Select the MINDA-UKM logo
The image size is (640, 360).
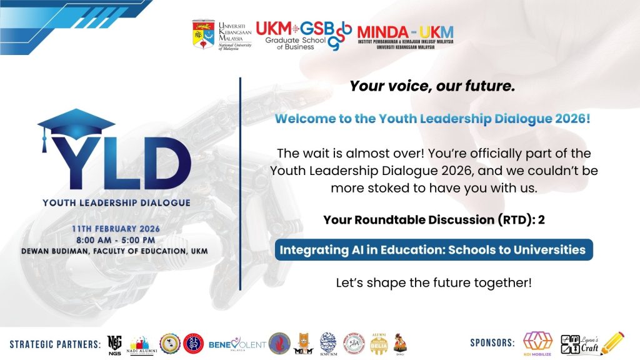(x=405, y=36)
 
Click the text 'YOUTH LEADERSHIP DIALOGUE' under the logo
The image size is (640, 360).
(x=116, y=203)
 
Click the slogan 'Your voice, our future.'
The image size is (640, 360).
(x=432, y=87)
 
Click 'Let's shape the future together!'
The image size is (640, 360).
(x=432, y=282)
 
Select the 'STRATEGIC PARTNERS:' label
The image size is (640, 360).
(x=55, y=344)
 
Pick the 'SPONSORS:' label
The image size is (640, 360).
(x=492, y=343)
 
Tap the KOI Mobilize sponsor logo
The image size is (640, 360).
(x=537, y=342)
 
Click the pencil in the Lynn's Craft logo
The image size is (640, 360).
(x=612, y=342)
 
